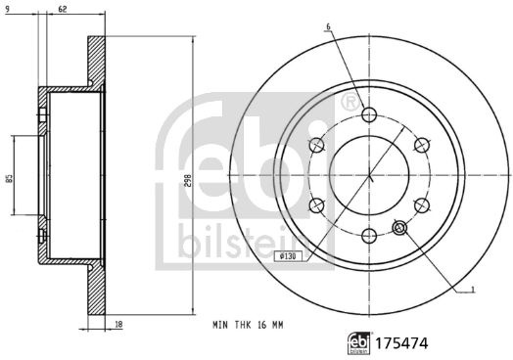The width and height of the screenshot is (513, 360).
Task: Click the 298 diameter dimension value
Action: point(188,180)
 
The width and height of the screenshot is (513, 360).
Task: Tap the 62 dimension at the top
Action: point(63,9)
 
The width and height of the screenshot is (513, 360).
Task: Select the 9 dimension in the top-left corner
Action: point(8,9)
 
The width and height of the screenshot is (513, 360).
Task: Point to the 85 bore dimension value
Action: point(10,178)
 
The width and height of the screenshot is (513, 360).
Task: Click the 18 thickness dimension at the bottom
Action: point(119,325)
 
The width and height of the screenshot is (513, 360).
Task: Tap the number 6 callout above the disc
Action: point(329,26)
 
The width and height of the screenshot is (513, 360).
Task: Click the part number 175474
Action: point(401,343)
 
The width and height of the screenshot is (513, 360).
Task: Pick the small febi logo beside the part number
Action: point(358,343)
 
